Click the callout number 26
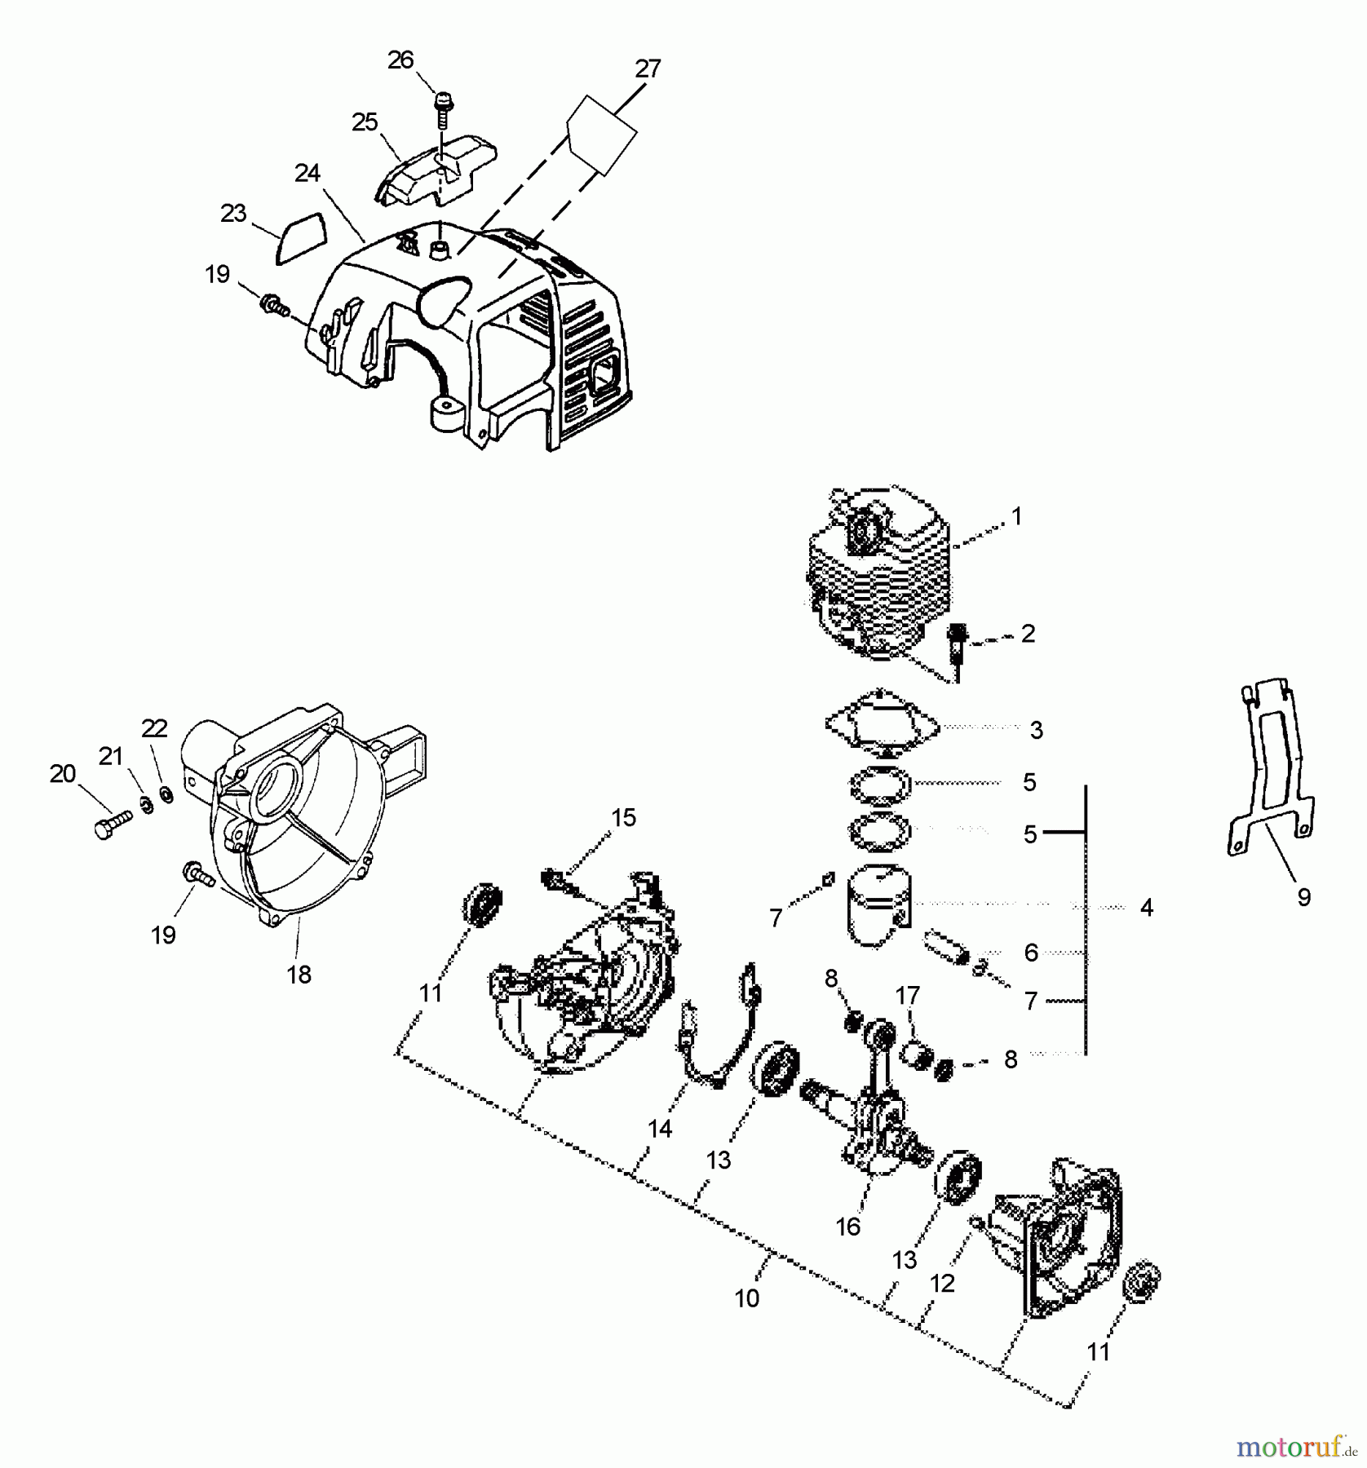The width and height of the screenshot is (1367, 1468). (x=400, y=60)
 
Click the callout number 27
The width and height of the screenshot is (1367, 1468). (x=647, y=69)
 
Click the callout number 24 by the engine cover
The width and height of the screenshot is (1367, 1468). (x=307, y=173)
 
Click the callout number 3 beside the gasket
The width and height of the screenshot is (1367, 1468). (x=1036, y=730)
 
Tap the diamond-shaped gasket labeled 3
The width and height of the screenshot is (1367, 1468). (x=882, y=725)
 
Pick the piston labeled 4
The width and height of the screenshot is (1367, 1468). (x=879, y=907)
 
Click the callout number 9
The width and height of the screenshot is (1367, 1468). (x=1303, y=897)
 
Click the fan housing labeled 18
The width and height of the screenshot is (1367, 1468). (x=302, y=824)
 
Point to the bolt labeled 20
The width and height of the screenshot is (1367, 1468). (x=113, y=825)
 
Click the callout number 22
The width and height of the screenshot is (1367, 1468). (x=154, y=727)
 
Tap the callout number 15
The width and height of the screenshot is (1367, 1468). (x=623, y=817)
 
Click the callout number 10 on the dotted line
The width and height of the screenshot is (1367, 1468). (x=747, y=1298)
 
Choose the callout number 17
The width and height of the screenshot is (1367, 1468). (x=907, y=995)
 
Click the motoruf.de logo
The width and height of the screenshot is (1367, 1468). (x=1298, y=1447)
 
